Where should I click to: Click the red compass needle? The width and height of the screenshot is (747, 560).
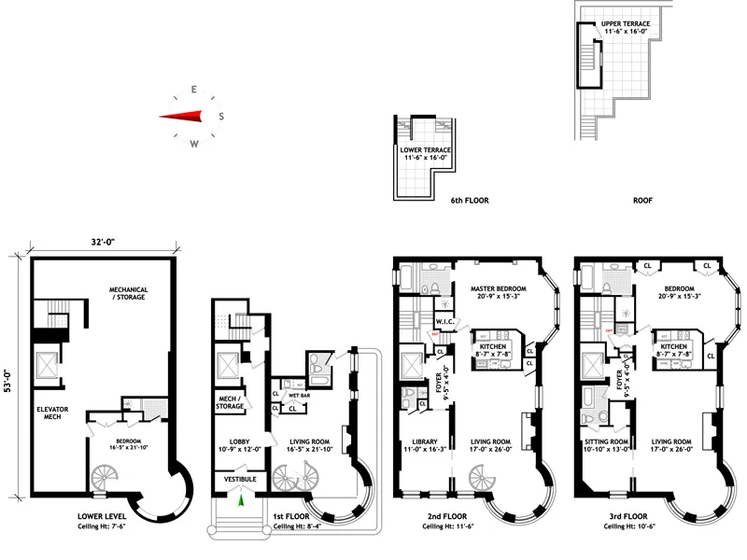pyautogui.click(x=182, y=117)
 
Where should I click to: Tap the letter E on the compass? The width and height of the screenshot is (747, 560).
pyautogui.click(x=193, y=90)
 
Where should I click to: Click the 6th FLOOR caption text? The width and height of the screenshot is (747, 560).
pyautogui.click(x=470, y=201)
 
